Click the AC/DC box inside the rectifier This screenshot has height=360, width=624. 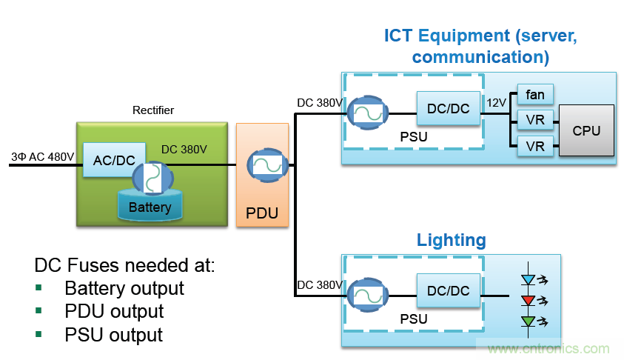(x=109, y=159)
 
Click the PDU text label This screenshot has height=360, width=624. (x=262, y=213)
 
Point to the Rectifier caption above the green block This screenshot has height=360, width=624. (x=152, y=110)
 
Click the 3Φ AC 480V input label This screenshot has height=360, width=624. (x=42, y=156)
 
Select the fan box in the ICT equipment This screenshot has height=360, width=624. (x=534, y=94)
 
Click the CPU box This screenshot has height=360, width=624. (x=586, y=130)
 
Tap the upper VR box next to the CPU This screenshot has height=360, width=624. (x=534, y=119)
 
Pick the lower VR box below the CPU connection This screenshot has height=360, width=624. (x=534, y=146)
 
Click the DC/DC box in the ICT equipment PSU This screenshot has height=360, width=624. (x=449, y=108)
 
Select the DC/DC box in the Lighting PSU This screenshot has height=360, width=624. (x=449, y=290)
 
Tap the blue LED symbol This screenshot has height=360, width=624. (x=528, y=280)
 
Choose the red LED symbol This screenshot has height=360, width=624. (x=528, y=300)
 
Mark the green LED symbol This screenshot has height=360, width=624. (x=528, y=321)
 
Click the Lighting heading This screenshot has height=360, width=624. (x=451, y=240)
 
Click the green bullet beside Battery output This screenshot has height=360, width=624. (x=38, y=288)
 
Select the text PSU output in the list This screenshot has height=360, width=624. (x=113, y=334)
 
